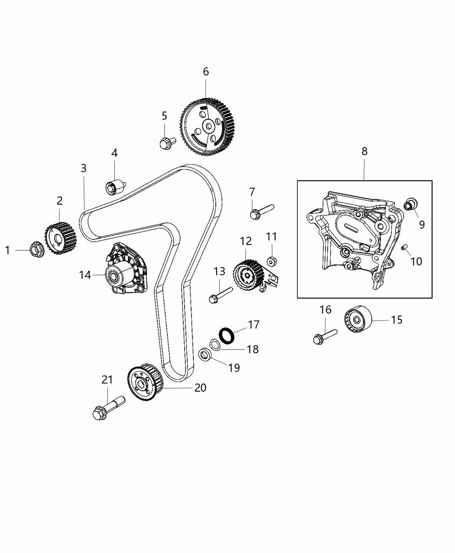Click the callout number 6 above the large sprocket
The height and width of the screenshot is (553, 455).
[206, 72]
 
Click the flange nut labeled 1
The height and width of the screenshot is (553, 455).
[36, 249]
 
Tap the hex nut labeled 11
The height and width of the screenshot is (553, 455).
[272, 262]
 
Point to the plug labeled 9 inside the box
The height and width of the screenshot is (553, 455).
[410, 203]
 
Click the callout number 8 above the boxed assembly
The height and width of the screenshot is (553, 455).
[364, 151]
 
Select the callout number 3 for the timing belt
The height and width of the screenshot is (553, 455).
[84, 168]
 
